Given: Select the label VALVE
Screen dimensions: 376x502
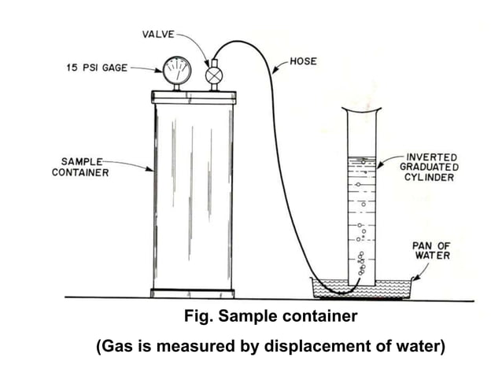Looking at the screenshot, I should [x=158, y=35].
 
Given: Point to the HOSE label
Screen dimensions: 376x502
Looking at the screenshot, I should [x=304, y=60].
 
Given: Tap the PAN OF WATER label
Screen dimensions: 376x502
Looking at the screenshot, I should [x=431, y=250].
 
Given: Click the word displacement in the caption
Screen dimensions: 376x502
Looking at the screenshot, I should [x=310, y=346].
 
